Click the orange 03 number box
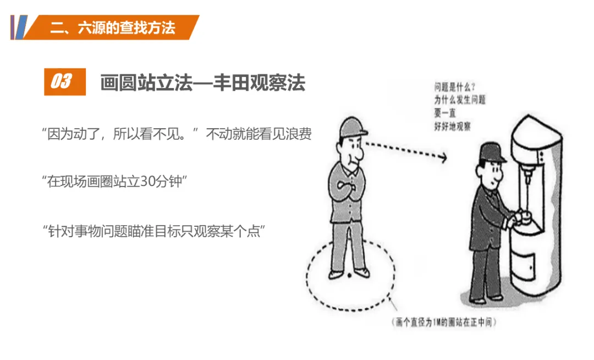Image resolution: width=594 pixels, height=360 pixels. coord(65,81)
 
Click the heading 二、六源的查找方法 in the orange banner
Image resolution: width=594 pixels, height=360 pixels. coord(113,28)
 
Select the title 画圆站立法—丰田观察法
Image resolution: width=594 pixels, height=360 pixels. coord(202,82)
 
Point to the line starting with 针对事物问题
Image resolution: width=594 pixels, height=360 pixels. coord(153,231)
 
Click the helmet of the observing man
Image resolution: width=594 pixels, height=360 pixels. coord(353,127)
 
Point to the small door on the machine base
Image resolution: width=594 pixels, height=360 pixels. coord(524,267)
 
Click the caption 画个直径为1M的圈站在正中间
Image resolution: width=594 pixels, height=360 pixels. coord(444,323)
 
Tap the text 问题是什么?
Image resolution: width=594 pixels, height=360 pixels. coord(454,87)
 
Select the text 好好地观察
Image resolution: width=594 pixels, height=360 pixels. coord(452,126)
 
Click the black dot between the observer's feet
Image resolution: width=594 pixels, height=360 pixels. coord(349,275)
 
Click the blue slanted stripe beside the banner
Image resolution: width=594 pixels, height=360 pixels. coord(21,28)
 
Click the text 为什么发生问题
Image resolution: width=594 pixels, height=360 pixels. coord(459,100)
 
